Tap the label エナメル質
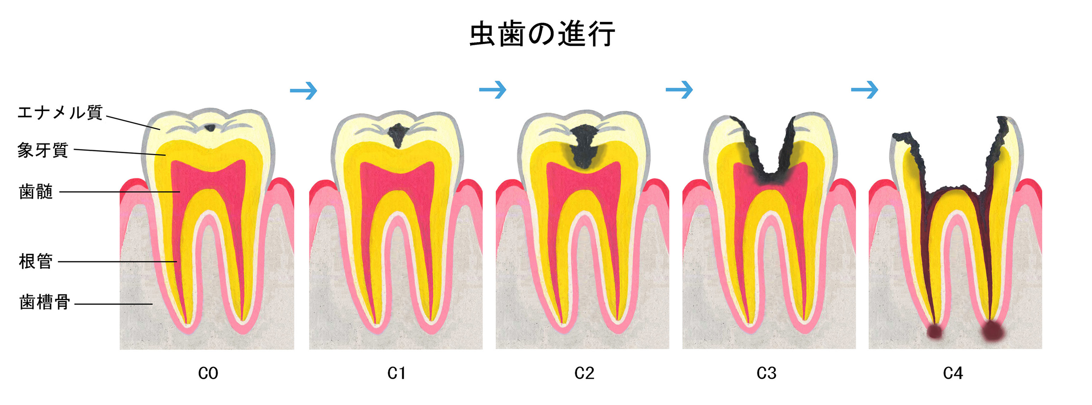click(x=60, y=113)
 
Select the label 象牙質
click(x=43, y=150)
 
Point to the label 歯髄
click(x=36, y=192)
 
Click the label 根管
click(x=36, y=261)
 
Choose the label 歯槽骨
click(x=45, y=303)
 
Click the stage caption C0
click(x=208, y=373)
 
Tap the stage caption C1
click(x=396, y=373)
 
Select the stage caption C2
click(x=584, y=373)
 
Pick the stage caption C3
click(x=766, y=373)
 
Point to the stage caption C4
click(x=953, y=373)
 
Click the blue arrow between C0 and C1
click(x=303, y=90)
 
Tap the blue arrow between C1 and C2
click(x=492, y=89)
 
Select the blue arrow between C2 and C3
click(x=679, y=89)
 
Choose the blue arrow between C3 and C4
click(x=864, y=89)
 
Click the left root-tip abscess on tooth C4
click(x=934, y=332)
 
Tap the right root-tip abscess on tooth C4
click(x=993, y=330)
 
